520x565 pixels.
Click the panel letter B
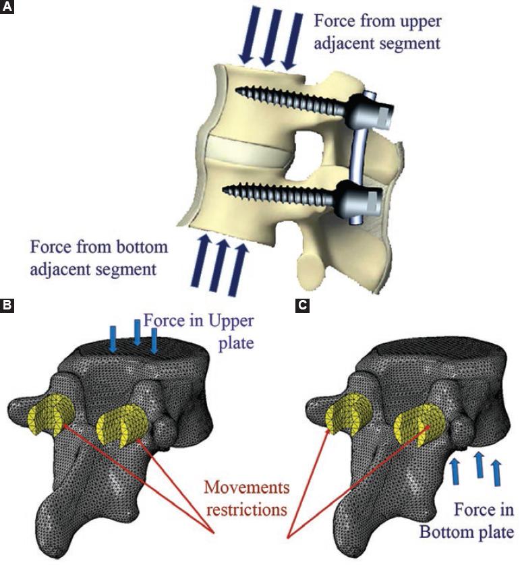[x=7, y=305]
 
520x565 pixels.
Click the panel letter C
[x=304, y=305]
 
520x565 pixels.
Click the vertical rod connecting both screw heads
[x=357, y=154]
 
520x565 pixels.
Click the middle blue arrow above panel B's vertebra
[x=137, y=334]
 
